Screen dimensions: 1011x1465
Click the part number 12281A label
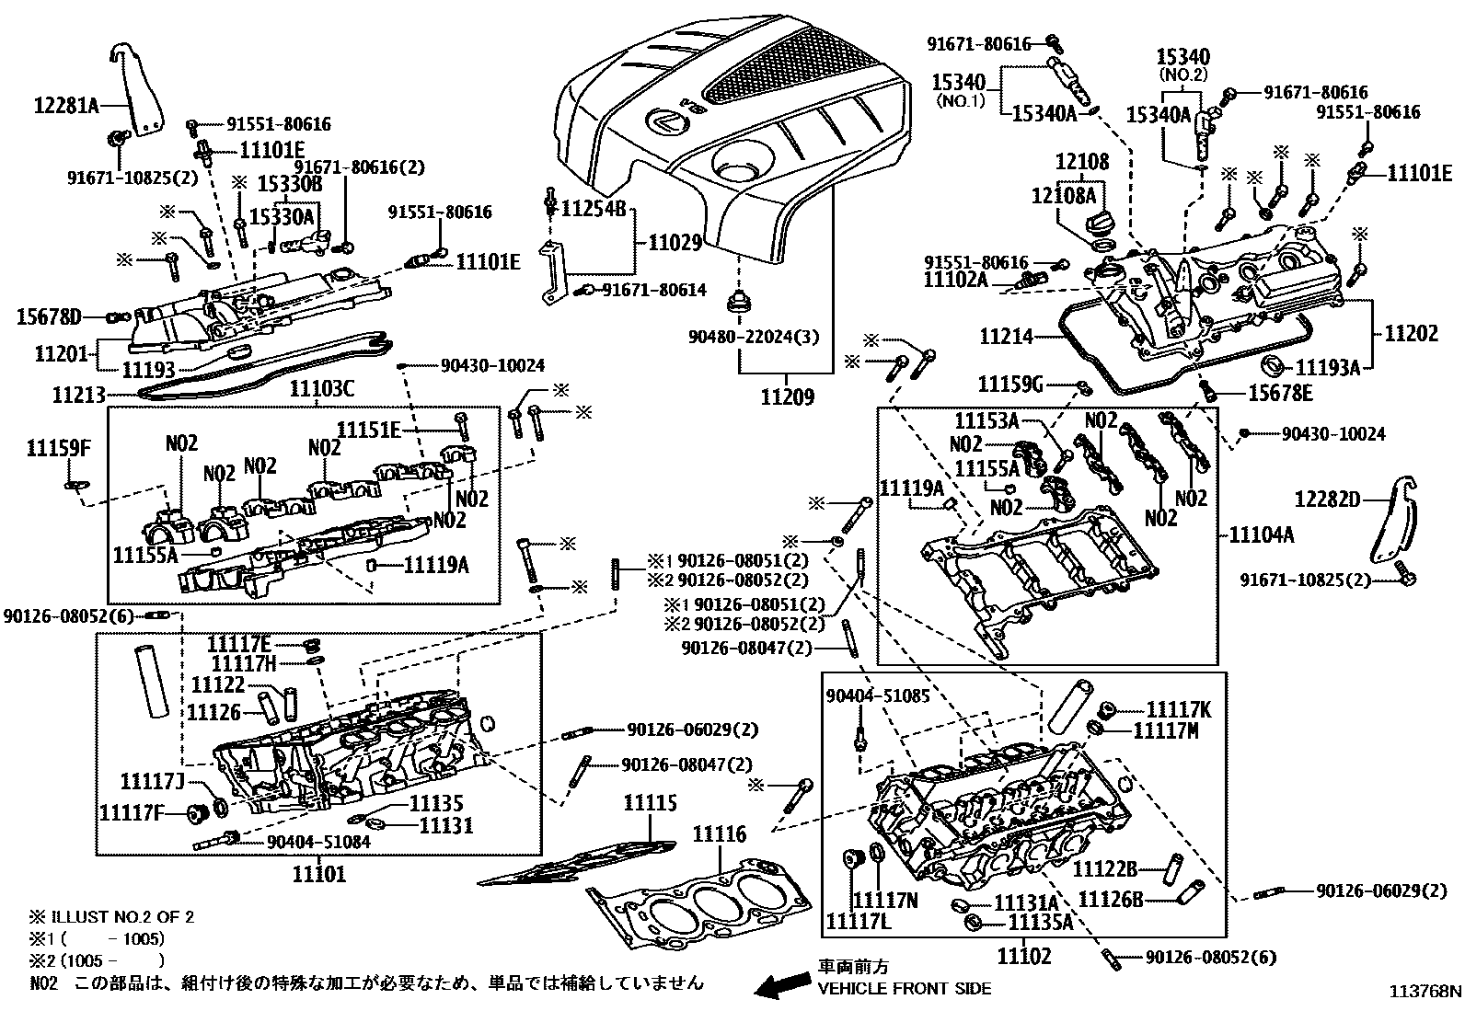coord(66,105)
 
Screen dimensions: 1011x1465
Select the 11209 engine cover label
coord(787,396)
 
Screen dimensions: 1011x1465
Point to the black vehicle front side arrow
coord(781,986)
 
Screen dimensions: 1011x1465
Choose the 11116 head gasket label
coord(719,834)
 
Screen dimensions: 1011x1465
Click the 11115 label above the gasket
coord(650,803)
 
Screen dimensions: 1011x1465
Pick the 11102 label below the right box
coord(1023,956)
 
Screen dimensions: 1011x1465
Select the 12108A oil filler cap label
coord(1064,195)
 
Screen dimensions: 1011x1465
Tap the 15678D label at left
coord(49,317)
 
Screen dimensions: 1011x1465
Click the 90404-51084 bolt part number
coord(318,841)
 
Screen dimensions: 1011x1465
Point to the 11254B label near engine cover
coord(594,210)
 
